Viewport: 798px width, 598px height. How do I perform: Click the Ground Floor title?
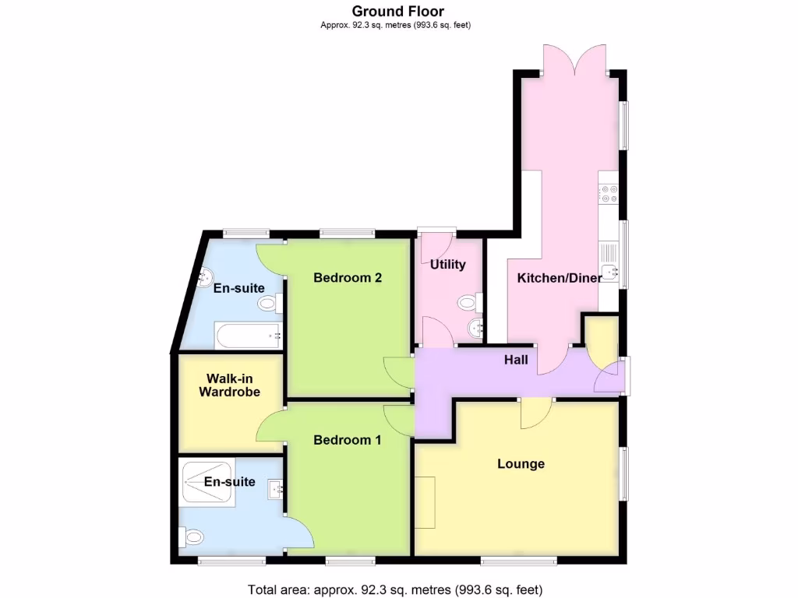(x=398, y=11)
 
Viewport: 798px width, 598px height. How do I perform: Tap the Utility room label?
(x=448, y=264)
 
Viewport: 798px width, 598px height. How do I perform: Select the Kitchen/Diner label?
(x=560, y=278)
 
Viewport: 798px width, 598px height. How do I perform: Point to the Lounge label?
(x=521, y=464)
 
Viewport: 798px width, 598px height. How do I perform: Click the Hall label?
(x=515, y=360)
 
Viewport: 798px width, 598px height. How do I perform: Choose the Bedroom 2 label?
(x=348, y=278)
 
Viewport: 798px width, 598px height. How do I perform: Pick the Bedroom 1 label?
(x=348, y=440)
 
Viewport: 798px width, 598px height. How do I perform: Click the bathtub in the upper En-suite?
(x=248, y=337)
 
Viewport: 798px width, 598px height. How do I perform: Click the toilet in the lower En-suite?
(x=191, y=536)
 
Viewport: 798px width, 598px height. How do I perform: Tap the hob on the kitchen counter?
(x=609, y=193)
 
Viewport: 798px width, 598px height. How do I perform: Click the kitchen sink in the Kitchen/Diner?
(x=609, y=269)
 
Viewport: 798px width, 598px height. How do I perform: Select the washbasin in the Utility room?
(x=475, y=326)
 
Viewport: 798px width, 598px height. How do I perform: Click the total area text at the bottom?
(x=395, y=589)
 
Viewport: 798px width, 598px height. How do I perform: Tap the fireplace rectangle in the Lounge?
(x=425, y=502)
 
